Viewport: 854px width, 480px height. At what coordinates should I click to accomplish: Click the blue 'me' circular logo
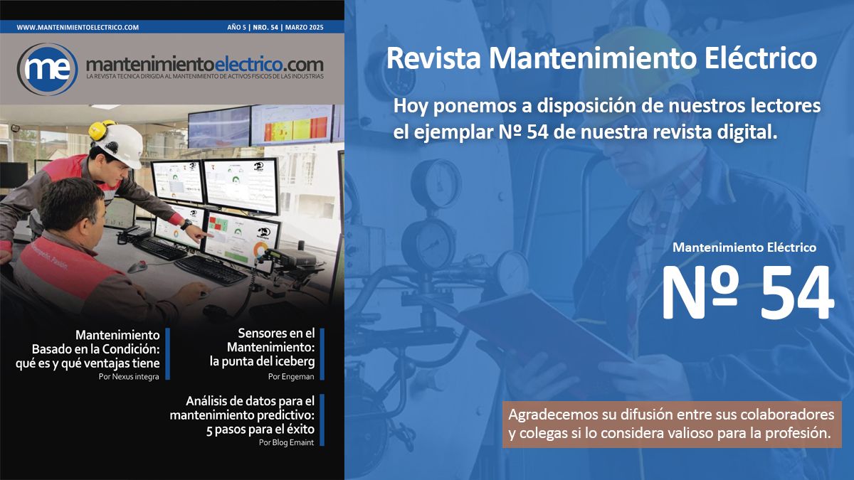47,69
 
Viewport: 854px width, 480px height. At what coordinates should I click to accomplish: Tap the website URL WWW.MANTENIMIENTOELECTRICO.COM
78,28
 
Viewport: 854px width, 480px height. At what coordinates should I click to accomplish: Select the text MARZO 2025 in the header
305,28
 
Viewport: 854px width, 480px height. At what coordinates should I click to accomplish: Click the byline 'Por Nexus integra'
129,377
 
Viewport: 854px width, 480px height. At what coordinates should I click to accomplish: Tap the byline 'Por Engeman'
291,377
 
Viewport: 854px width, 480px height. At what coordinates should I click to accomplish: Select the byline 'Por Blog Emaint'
286,442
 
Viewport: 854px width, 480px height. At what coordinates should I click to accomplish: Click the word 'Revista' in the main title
434,58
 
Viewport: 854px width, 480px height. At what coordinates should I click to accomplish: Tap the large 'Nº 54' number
748,292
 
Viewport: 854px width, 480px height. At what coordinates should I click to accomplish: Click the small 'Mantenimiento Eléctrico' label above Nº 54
744,247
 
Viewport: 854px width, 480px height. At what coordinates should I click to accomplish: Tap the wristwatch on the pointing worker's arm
186,225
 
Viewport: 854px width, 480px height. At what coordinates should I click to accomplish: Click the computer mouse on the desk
137,267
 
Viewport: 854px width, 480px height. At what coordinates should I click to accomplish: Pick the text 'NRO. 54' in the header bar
265,28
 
